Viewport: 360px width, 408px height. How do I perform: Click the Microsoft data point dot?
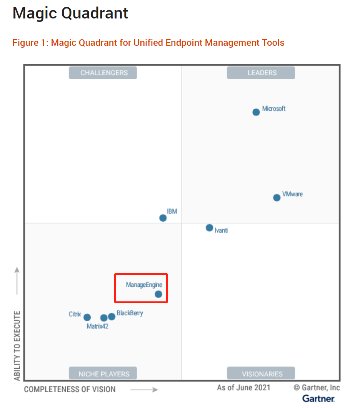pyautogui.click(x=256, y=112)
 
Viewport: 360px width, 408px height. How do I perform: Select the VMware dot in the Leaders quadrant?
pyautogui.click(x=277, y=197)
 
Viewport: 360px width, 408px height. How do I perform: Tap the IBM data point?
pyautogui.click(x=163, y=218)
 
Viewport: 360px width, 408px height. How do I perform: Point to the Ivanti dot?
pyautogui.click(x=210, y=227)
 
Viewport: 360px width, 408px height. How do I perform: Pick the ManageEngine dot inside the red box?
pyautogui.click(x=158, y=294)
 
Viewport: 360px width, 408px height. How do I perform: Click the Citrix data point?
pyautogui.click(x=87, y=317)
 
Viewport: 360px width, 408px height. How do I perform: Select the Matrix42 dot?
pyautogui.click(x=104, y=318)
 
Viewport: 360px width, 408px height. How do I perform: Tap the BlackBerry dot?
pyautogui.click(x=112, y=316)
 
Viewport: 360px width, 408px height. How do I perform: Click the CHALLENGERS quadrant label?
pyautogui.click(x=103, y=73)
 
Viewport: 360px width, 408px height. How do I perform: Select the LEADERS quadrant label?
pyautogui.click(x=261, y=73)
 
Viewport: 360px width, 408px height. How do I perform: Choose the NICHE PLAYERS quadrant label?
pyautogui.click(x=103, y=373)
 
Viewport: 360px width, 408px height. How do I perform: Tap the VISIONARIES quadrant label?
pyautogui.click(x=261, y=373)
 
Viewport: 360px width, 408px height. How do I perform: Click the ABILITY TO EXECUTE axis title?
pyautogui.click(x=17, y=346)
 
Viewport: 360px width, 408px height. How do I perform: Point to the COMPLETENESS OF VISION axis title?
pyautogui.click(x=70, y=389)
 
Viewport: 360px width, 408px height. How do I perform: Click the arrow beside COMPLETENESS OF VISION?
pyautogui.click(x=144, y=390)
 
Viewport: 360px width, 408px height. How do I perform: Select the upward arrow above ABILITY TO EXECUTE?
pyautogui.click(x=17, y=281)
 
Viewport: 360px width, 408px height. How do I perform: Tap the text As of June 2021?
pyautogui.click(x=243, y=387)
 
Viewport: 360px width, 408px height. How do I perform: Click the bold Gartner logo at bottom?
pyautogui.click(x=318, y=398)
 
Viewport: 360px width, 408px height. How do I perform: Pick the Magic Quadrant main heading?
pyautogui.click(x=70, y=13)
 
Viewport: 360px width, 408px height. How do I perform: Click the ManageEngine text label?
pyautogui.click(x=144, y=285)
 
